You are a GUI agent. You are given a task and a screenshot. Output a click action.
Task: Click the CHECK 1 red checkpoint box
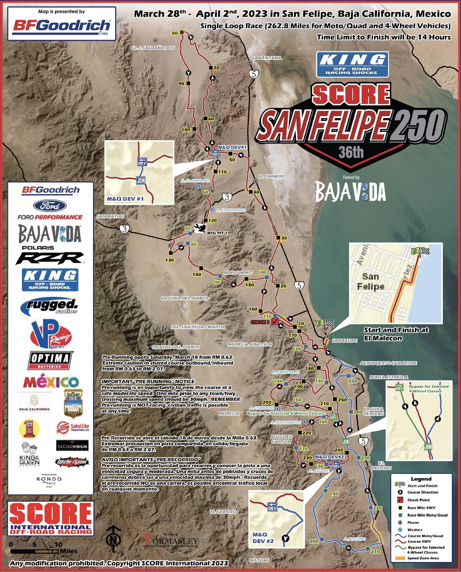(275, 321)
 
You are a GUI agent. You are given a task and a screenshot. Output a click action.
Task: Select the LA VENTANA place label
(267, 58)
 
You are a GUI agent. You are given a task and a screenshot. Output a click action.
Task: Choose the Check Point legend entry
(418, 500)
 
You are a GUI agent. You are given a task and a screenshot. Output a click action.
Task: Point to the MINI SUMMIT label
(238, 272)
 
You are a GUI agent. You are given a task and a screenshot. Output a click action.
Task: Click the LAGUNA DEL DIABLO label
(185, 298)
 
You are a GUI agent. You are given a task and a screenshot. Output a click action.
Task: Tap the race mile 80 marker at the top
(182, 33)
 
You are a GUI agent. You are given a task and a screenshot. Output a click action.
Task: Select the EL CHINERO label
(271, 176)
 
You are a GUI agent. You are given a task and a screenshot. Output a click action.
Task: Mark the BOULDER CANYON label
(281, 439)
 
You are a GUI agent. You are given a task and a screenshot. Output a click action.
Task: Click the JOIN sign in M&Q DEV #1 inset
(141, 181)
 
